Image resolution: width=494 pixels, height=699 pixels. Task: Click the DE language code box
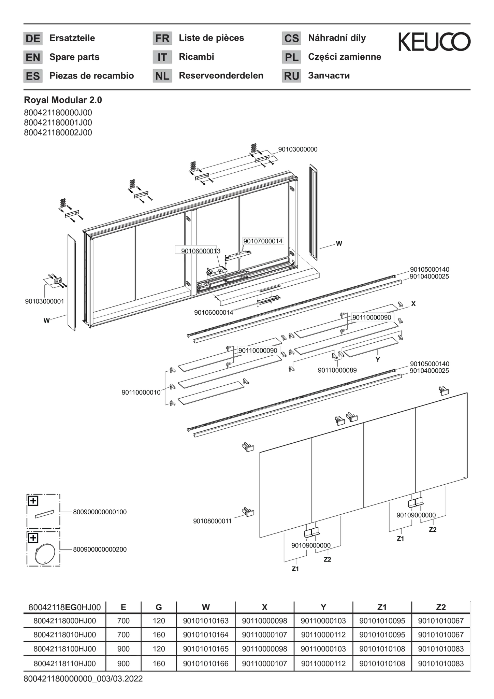33,38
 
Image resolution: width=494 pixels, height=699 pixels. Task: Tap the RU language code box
291,76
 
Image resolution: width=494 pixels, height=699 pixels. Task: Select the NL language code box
162,76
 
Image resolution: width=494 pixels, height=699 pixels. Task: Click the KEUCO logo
434,42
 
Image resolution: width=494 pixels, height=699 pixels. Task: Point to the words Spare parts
74,57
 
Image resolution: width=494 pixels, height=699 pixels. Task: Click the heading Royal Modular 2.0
63,100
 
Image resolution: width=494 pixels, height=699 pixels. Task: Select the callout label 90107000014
263,241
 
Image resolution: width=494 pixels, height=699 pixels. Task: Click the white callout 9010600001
198,251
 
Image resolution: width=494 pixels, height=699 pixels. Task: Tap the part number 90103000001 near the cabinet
44,301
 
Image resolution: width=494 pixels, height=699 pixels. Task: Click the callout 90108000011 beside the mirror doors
212,521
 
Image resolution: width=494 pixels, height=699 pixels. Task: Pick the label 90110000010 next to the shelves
141,393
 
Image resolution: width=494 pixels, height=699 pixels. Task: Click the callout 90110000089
337,370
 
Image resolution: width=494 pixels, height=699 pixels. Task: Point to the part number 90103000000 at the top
298,149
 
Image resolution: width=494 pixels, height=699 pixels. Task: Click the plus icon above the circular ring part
33,538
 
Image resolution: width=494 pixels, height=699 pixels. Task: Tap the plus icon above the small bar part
33,501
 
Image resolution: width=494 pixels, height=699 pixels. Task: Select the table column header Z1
382,607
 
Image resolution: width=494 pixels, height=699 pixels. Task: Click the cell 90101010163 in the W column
206,621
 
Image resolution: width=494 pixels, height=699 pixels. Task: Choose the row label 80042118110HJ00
64,664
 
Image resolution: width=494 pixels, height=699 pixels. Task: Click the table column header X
264,607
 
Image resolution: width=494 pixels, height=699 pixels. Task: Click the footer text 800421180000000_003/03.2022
83,679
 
